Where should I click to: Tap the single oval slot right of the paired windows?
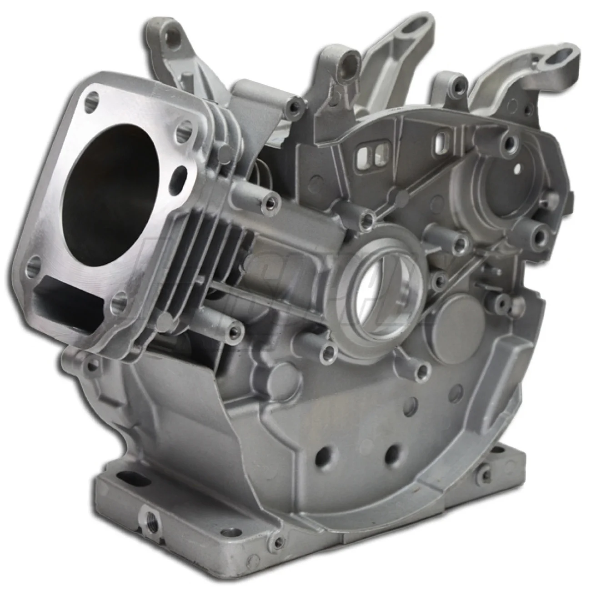pyautogui.click(x=441, y=144)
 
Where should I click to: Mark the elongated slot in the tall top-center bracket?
pyautogui.click(x=417, y=29)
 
